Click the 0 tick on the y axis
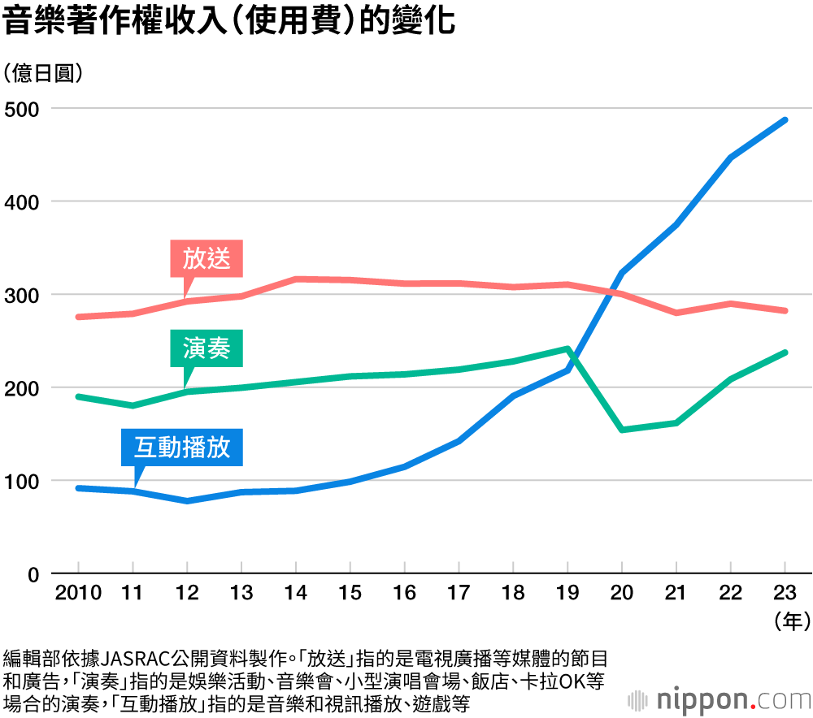point(33,574)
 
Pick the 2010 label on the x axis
point(78,592)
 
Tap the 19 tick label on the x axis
point(567,592)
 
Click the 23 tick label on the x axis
point(785,592)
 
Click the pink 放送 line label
point(207,259)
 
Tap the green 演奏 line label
point(207,348)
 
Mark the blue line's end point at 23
point(785,120)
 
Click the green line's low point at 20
point(622,429)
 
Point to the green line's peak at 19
point(567,348)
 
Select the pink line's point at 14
point(296,279)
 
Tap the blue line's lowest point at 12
point(187,500)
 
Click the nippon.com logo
point(720,699)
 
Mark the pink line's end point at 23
point(785,310)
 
